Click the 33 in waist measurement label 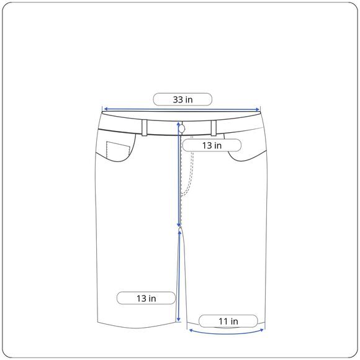182,99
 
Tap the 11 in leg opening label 228,321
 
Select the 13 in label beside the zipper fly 212,145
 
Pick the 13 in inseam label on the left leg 146,298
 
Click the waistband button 182,128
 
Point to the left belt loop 145,128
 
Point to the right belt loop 214,128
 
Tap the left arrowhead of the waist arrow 106,109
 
